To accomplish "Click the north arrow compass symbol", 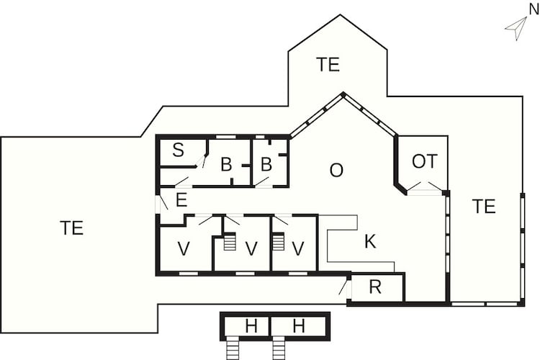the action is tap(517, 27).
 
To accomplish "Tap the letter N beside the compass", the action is tap(534, 10).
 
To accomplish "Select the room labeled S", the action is tap(178, 150).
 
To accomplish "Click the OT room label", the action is tap(425, 161).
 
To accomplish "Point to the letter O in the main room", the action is tap(336, 170).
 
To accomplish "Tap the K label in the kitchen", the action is tap(370, 241).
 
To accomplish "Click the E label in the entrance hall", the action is tap(181, 200).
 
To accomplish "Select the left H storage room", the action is tap(246, 326).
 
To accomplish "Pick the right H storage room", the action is tap(299, 326).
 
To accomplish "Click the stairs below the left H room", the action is tap(233, 349).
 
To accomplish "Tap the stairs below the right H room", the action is tap(279, 349).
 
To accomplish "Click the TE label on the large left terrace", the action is tap(71, 228).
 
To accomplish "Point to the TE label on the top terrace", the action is tap(328, 64).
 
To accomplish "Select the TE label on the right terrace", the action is tap(484, 207).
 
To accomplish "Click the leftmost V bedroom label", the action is tap(184, 248).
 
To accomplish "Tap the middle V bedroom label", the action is tap(251, 248).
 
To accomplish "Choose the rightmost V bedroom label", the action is tap(298, 248).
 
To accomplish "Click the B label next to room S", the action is tap(226, 165).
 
